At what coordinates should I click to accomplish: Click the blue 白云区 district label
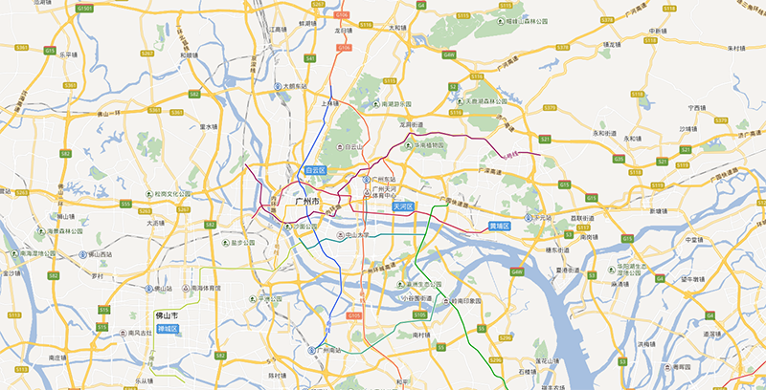click(315, 169)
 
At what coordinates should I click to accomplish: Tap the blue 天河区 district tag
click(402, 206)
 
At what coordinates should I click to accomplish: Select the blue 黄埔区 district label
click(500, 226)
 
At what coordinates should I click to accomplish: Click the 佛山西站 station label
click(96, 255)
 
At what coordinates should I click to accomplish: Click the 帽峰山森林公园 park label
click(525, 20)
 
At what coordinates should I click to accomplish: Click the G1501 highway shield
click(85, 8)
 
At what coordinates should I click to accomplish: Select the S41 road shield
click(309, 58)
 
